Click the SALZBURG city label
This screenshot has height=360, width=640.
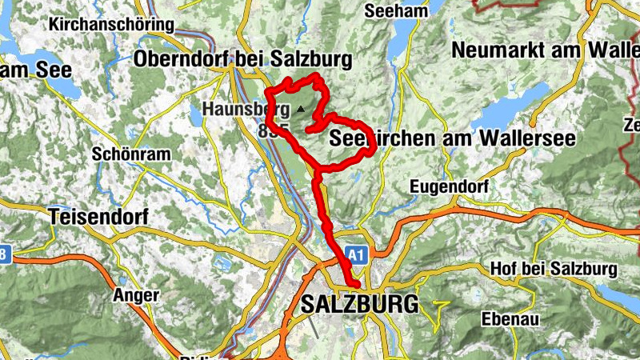[360, 304]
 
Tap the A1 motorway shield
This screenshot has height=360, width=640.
[358, 255]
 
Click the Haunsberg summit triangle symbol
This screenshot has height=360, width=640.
[300, 108]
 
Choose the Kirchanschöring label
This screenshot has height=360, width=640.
[111, 25]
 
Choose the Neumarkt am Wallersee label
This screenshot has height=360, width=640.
[544, 50]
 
